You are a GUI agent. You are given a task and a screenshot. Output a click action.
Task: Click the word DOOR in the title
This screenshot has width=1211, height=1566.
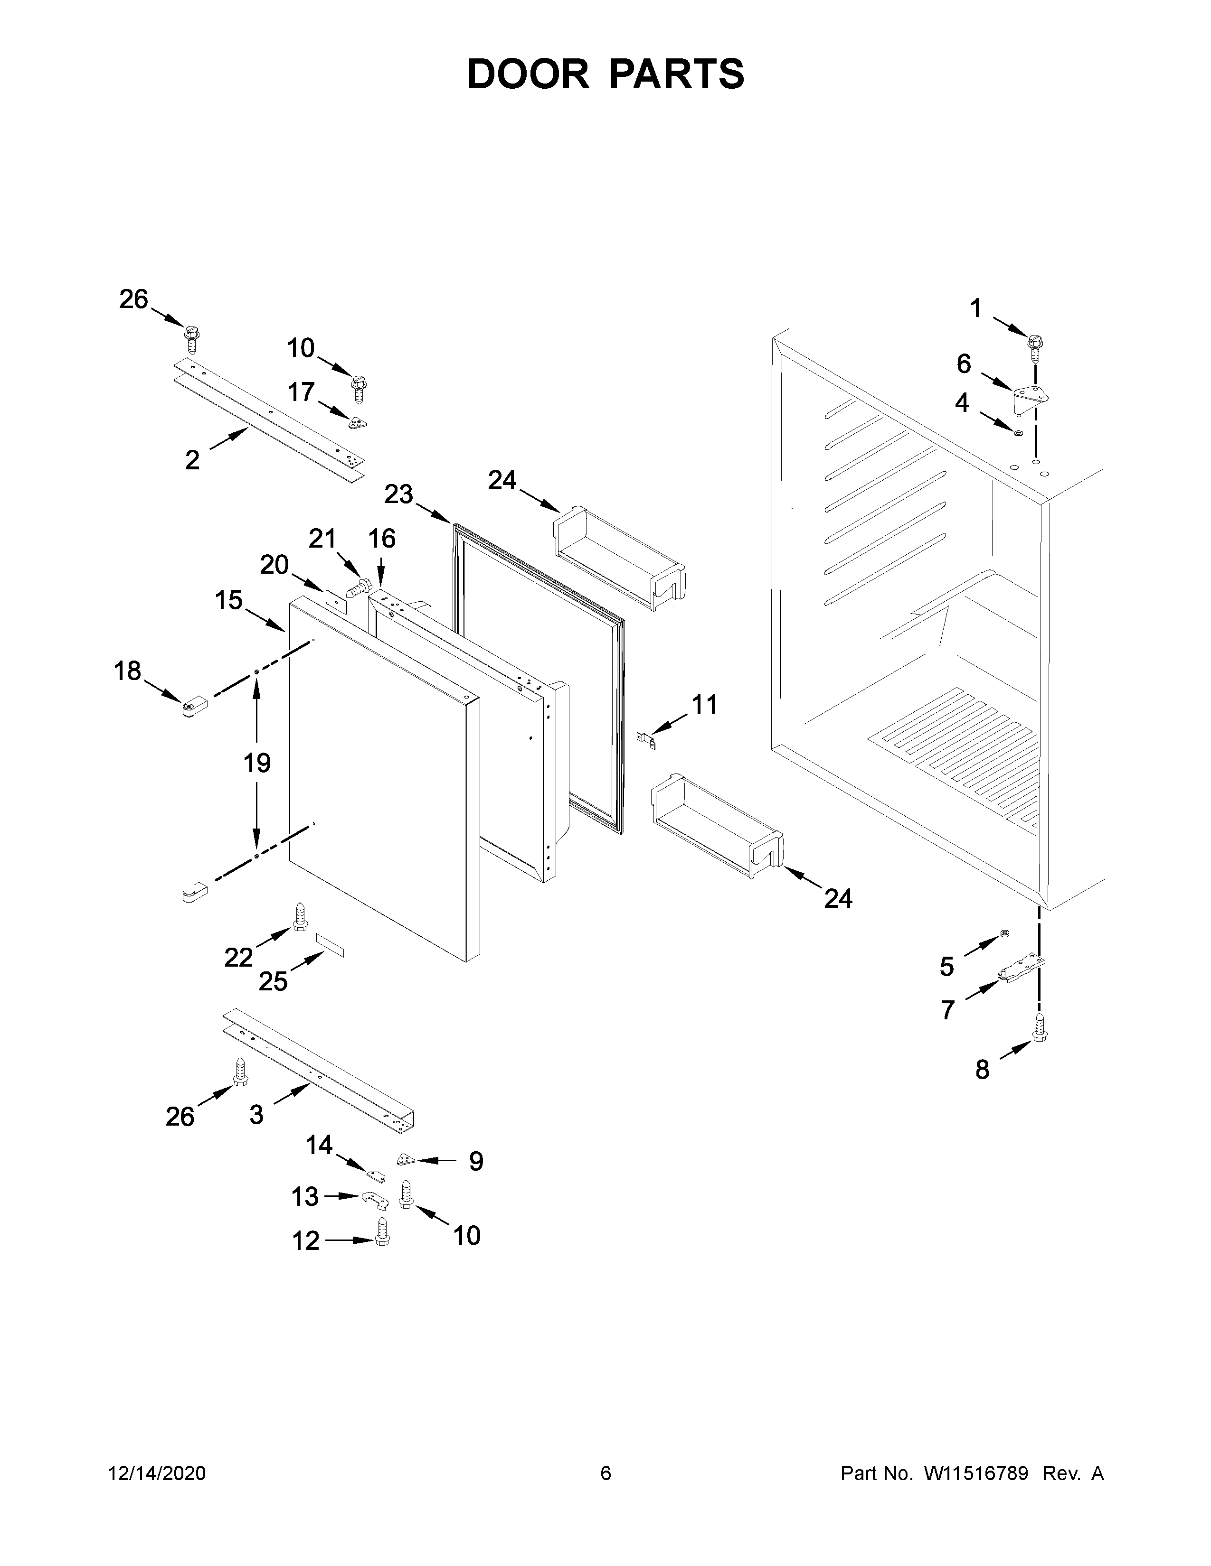coord(528,74)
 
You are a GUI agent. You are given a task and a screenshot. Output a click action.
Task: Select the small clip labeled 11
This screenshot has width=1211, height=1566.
coord(648,740)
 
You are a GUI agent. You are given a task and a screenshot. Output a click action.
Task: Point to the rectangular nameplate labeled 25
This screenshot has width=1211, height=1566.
coord(331,946)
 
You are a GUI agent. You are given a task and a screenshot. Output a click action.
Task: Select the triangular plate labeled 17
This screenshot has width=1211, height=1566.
coord(357,423)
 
